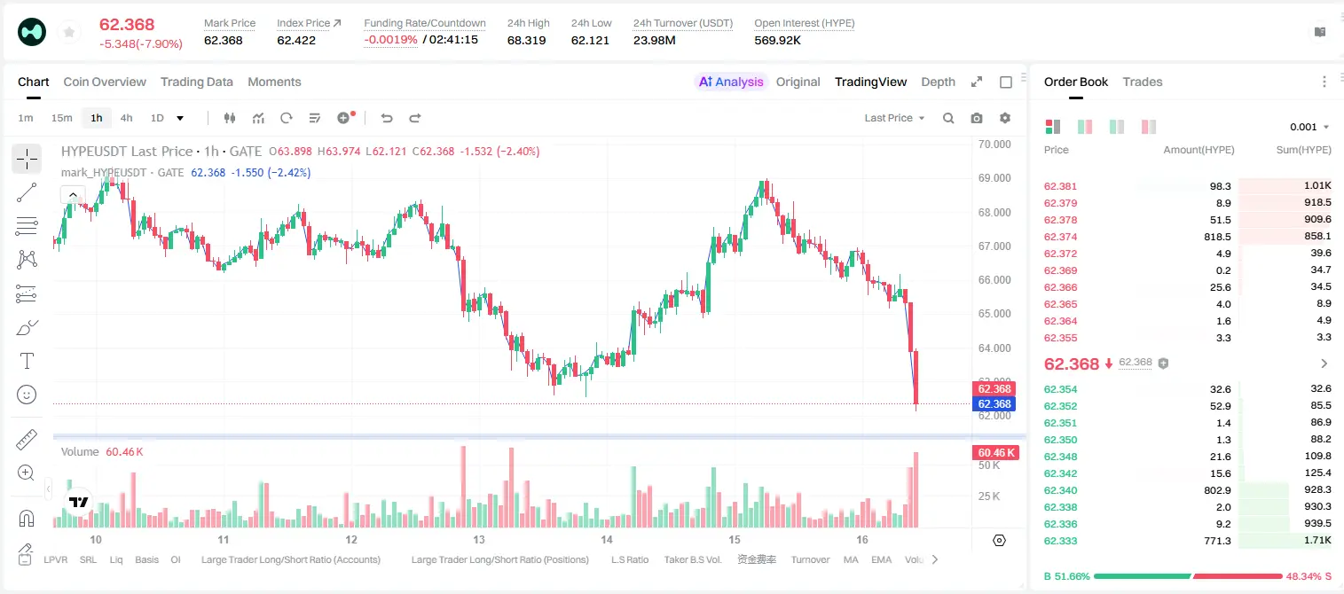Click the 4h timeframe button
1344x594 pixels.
(126, 118)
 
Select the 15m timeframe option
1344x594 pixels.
(62, 118)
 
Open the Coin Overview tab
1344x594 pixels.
(105, 82)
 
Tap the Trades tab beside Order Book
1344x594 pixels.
(1143, 82)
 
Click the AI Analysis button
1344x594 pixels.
(731, 82)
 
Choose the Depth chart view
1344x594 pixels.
(938, 82)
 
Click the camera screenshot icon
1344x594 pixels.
(977, 118)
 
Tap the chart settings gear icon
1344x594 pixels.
(1005, 118)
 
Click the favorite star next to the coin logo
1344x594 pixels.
(69, 32)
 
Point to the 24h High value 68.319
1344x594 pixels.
(526, 40)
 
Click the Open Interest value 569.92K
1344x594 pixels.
(777, 40)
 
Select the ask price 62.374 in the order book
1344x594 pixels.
(1060, 237)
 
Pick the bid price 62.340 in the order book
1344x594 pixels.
(1060, 490)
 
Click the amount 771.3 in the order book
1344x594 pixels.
(1217, 541)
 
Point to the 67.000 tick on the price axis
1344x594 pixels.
(994, 246)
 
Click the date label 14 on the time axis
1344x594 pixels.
(607, 539)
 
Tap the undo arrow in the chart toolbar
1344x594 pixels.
(387, 118)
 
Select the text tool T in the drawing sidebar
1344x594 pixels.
(27, 361)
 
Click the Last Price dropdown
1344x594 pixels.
(894, 118)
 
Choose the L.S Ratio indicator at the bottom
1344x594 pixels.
(629, 559)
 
